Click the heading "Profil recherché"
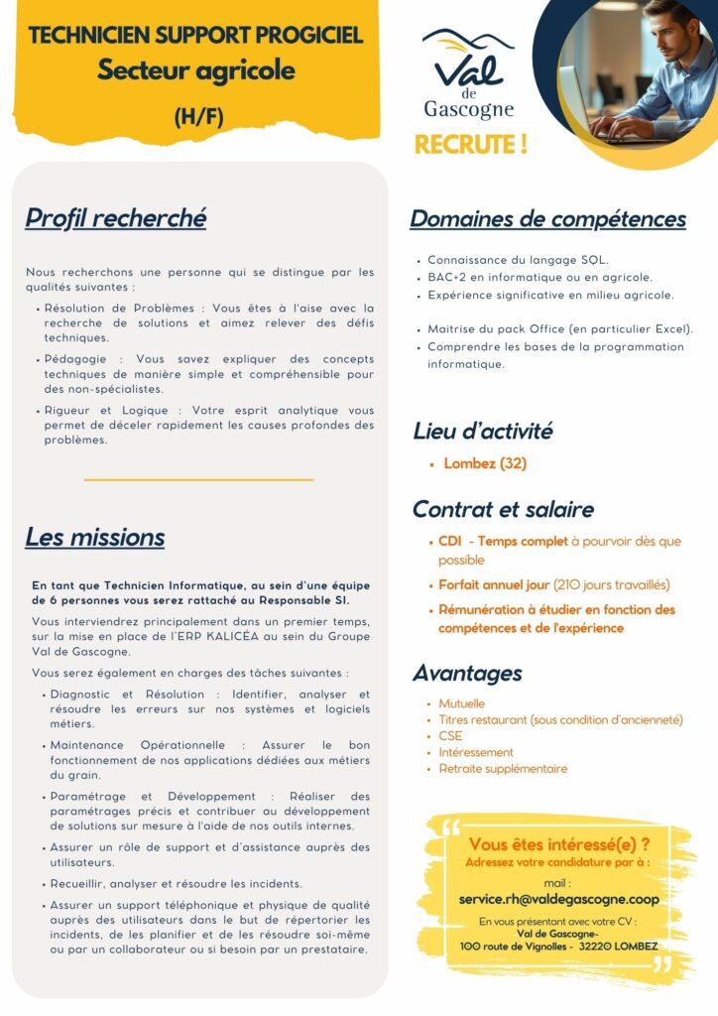pyautogui.click(x=115, y=217)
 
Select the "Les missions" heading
pyautogui.click(x=94, y=538)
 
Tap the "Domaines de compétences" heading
pyautogui.click(x=547, y=218)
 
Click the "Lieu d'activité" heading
pyautogui.click(x=483, y=431)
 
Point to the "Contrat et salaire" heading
pyautogui.click(x=503, y=509)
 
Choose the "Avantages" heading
pyautogui.click(x=467, y=673)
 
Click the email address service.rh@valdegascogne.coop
pyautogui.click(x=558, y=899)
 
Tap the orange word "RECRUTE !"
pyautogui.click(x=470, y=145)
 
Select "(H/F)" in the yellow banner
pyautogui.click(x=198, y=116)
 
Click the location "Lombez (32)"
pyautogui.click(x=485, y=463)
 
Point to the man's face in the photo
pyautogui.click(x=670, y=30)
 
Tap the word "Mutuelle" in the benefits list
pyautogui.click(x=462, y=703)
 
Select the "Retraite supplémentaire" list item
pyautogui.click(x=503, y=769)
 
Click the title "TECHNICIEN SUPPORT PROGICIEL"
pyautogui.click(x=196, y=37)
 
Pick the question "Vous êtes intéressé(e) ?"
pyautogui.click(x=558, y=844)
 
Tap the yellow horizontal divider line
pyautogui.click(x=198, y=479)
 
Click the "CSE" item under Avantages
pyautogui.click(x=450, y=736)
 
